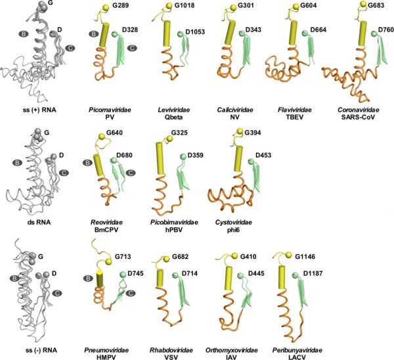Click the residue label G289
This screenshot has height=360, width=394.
[121, 5]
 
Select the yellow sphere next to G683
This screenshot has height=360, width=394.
[364, 5]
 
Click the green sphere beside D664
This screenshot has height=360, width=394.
[305, 34]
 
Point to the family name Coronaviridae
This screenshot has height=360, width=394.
[359, 110]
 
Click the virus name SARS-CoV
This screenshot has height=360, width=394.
[358, 117]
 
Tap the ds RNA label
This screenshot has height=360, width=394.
[39, 222]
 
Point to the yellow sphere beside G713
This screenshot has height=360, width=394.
[108, 261]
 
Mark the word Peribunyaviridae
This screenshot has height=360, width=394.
[297, 350]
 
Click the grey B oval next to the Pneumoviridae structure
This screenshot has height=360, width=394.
[88, 279]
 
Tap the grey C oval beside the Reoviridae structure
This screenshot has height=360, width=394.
[131, 173]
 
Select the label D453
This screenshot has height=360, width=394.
[263, 155]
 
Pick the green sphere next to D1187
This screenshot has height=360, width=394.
[295, 275]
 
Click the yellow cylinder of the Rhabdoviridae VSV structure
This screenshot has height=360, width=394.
[160, 278]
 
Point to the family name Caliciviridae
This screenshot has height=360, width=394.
[235, 110]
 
